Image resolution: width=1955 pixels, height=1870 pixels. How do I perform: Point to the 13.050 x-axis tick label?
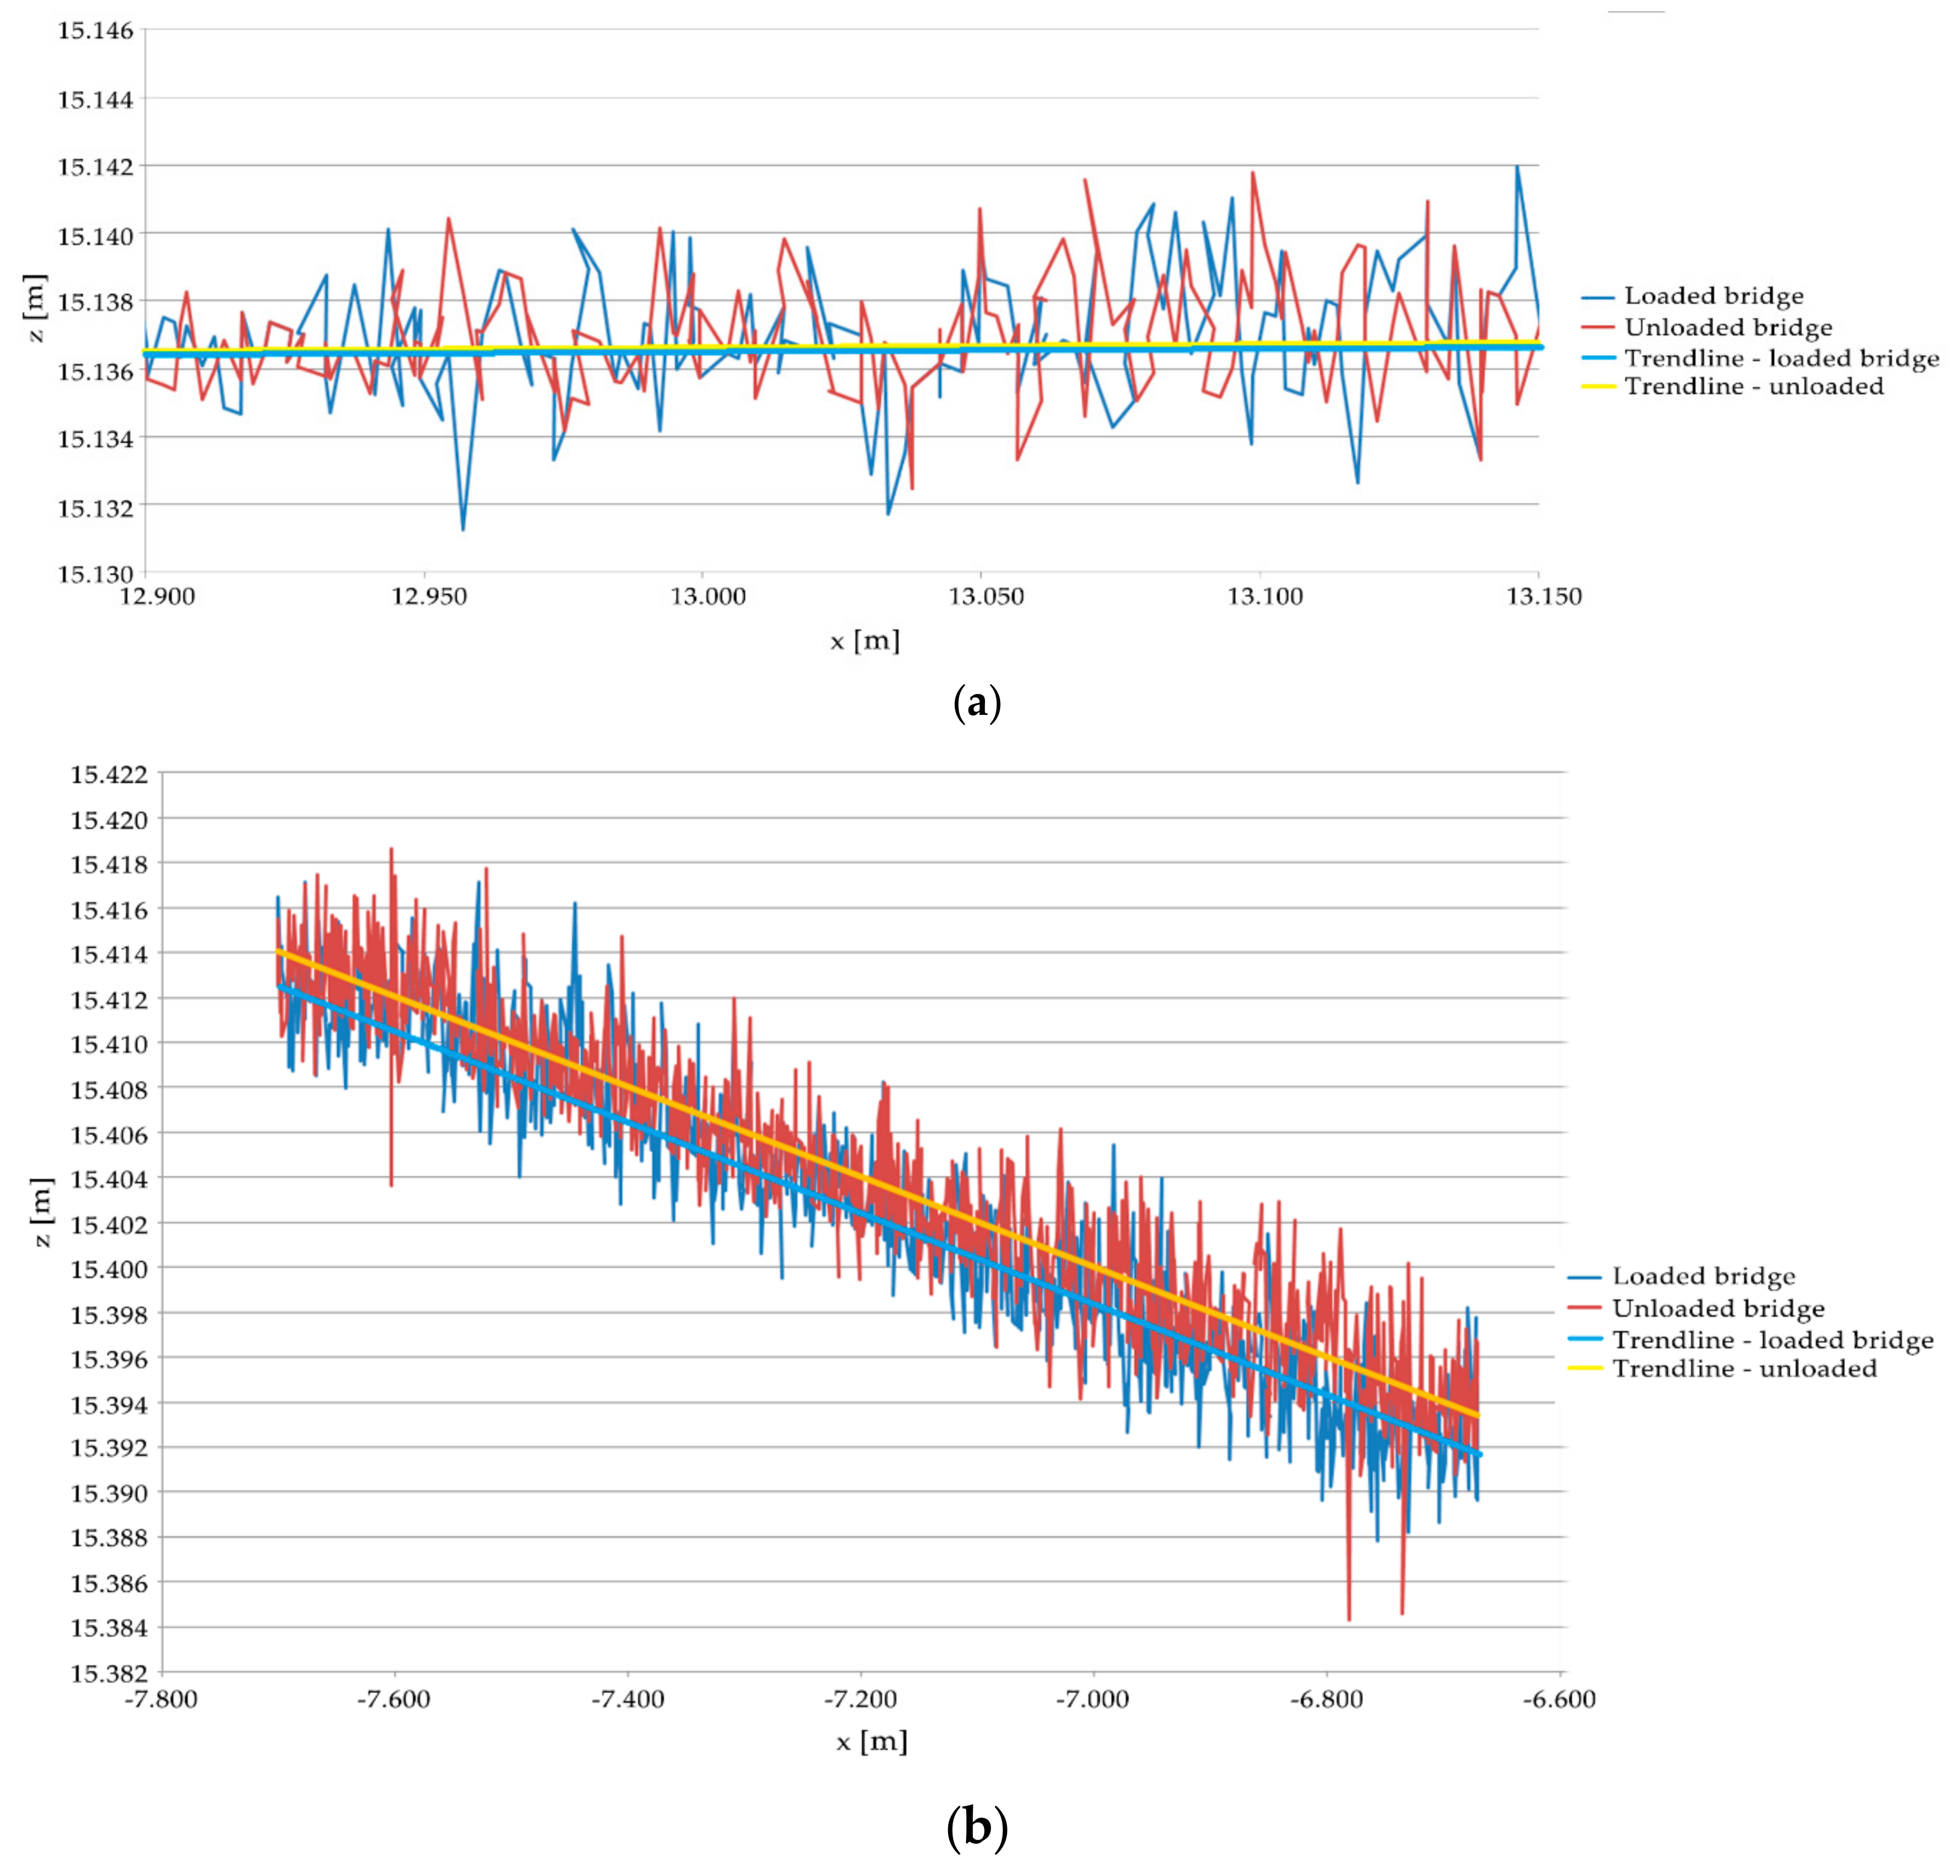[986, 596]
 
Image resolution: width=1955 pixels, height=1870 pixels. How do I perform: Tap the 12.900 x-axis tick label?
[158, 596]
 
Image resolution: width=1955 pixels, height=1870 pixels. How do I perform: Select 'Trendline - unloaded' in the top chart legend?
[1754, 387]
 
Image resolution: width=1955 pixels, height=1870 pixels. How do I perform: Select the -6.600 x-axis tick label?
[1559, 1698]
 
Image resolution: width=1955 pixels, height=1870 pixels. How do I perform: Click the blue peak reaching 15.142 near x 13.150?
[1517, 167]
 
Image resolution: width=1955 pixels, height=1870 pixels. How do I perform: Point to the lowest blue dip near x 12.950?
[462, 528]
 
